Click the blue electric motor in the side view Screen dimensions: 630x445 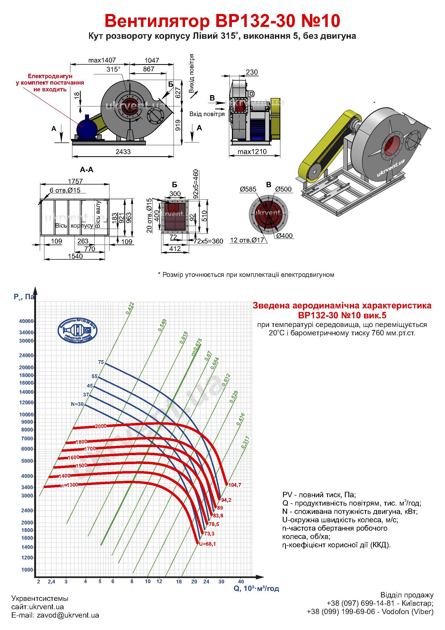87,127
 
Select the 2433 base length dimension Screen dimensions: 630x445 123,152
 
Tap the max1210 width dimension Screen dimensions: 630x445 252,152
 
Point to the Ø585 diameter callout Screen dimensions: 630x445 248,189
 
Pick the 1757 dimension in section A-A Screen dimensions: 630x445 75,181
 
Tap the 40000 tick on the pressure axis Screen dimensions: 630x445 26,321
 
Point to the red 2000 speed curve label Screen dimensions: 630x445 101,426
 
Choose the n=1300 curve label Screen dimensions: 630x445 69,485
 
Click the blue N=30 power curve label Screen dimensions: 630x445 77,404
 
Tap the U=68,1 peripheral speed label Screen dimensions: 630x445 207,544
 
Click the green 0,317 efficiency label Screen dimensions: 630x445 245,442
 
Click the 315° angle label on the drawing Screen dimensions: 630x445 114,69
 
